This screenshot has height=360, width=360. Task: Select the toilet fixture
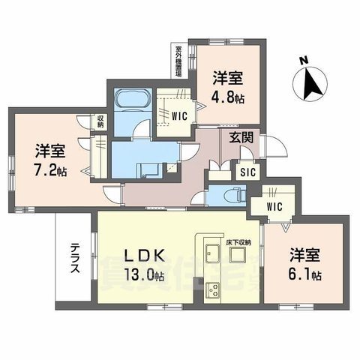click(x=228, y=195)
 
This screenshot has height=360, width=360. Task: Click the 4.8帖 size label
click(x=228, y=98)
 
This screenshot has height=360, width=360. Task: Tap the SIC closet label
click(x=247, y=170)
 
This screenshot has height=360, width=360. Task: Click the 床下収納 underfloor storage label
click(x=238, y=244)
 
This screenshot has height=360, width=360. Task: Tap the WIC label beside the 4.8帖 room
click(x=180, y=116)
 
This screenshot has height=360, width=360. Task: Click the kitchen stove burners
click(x=210, y=288)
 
